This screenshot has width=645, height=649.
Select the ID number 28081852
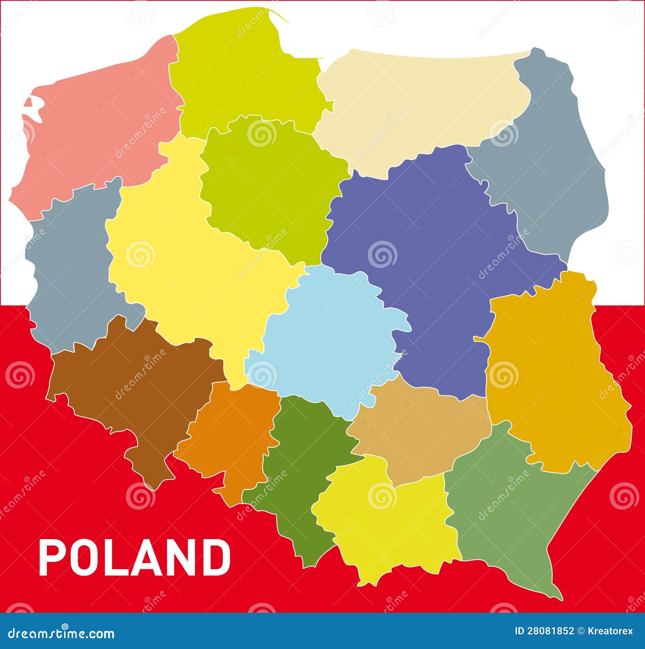click(x=551, y=631)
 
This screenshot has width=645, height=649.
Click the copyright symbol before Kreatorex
click(x=581, y=631)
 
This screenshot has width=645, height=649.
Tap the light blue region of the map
click(x=331, y=338)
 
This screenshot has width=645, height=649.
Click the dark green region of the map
click(x=302, y=463)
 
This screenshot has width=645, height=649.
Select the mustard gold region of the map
click(x=556, y=374)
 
